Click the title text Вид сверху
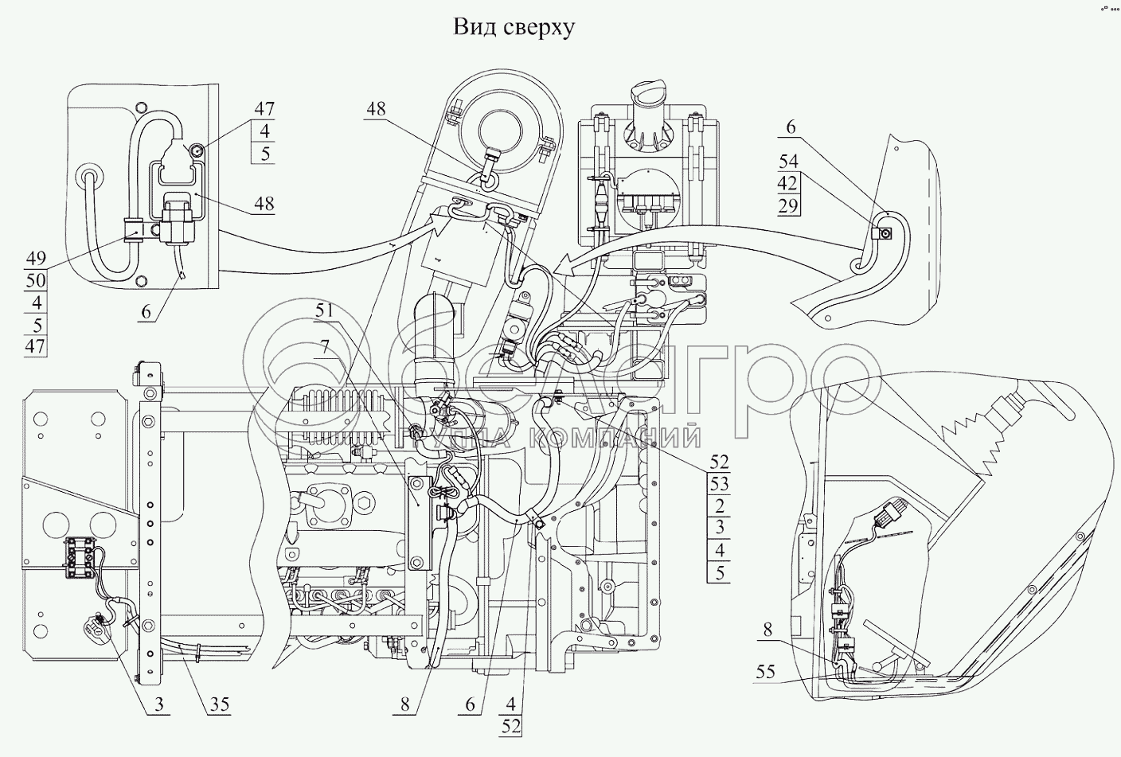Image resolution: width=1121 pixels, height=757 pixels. coord(514,28)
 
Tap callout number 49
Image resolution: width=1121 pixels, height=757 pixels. coord(35,259)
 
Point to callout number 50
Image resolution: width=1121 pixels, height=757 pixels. coord(35,280)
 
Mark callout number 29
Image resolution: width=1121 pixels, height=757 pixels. coord(787,207)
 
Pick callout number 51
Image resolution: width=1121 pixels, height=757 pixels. coord(325,311)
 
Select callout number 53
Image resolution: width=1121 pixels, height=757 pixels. coord(719,484)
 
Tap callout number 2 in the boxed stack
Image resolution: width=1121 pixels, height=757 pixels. coord(719,506)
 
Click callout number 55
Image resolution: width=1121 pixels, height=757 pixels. coord(766,673)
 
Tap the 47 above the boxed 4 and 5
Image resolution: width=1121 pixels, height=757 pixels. coord(264,108)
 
